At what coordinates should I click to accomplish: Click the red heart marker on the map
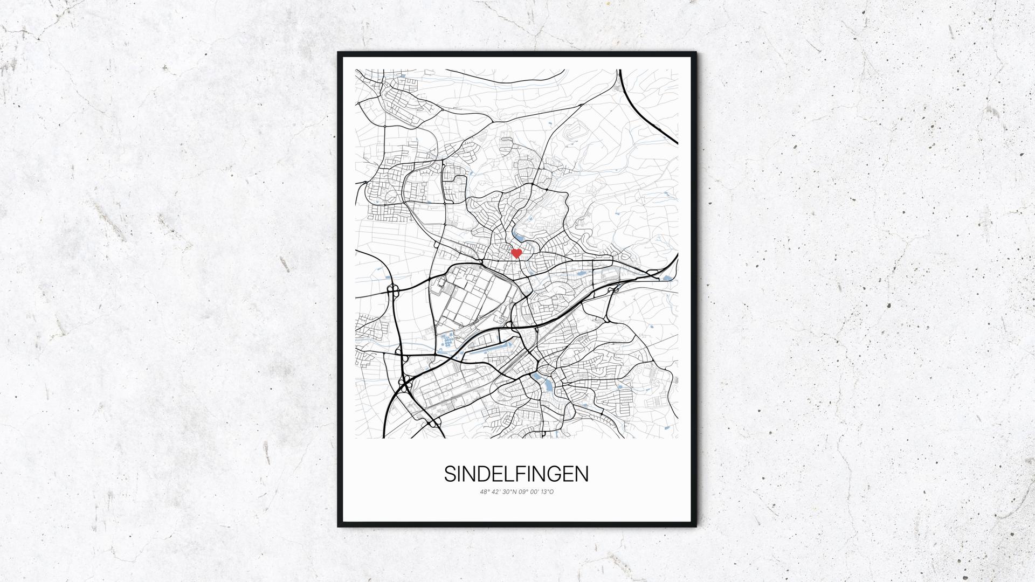click(516, 253)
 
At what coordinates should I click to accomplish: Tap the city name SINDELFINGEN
click(516, 474)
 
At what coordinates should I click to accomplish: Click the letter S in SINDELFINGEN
click(451, 474)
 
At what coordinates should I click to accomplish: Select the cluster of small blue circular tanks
click(447, 341)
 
